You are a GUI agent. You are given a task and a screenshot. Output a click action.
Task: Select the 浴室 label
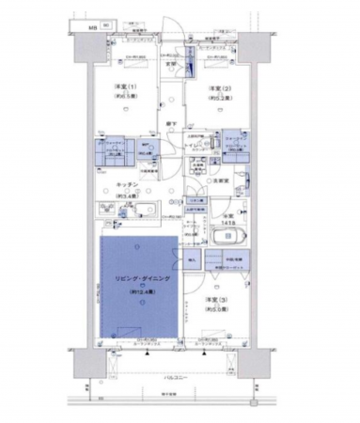tap(224, 212)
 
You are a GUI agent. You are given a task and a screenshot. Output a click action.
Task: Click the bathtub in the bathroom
tap(228, 234)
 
